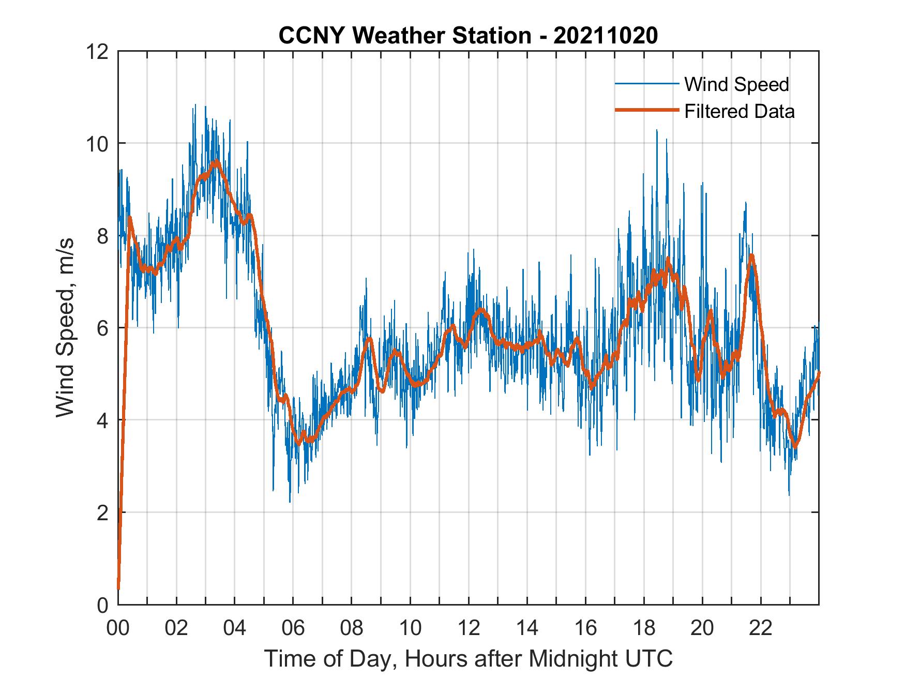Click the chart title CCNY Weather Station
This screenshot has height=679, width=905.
coord(468,36)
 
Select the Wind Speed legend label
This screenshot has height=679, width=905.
coord(736,84)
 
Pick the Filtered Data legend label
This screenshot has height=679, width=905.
coord(739,111)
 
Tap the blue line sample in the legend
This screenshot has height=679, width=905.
coord(646,84)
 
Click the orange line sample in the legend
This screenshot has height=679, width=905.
coord(646,111)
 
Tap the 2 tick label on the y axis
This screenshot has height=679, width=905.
coord(102,513)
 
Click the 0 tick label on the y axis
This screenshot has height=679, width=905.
coord(102,605)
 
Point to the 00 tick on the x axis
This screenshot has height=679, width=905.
coord(118,628)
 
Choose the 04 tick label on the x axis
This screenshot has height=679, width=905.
coord(235,628)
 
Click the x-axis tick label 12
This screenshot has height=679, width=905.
coord(469,628)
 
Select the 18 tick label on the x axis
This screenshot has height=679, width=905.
coord(644,628)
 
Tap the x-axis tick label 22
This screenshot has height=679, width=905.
coord(761,628)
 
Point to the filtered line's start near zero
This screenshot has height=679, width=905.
coord(118,588)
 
